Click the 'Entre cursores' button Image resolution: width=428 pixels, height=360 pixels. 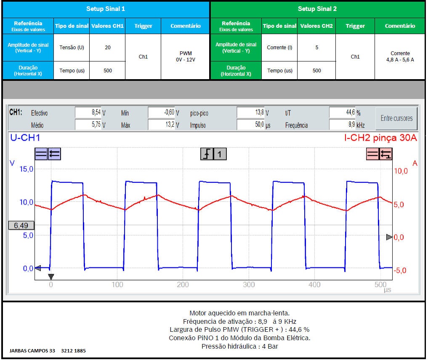coord(396,118)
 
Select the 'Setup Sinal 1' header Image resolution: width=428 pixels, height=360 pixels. coord(106,9)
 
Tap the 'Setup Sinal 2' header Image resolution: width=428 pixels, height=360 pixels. coord(317,9)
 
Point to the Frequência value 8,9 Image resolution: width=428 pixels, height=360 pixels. coord(342,125)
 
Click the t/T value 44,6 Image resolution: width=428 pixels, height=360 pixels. coord(342,113)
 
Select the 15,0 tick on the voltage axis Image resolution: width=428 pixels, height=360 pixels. coord(27,169)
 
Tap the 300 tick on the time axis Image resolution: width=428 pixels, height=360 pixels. coord(249,285)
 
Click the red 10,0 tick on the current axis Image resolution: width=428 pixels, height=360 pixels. coord(401,171)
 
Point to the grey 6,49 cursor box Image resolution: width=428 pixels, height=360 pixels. coord(21,226)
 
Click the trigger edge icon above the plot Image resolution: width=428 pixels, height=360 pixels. coord(206,155)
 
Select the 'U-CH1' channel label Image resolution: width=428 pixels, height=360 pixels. coord(25,138)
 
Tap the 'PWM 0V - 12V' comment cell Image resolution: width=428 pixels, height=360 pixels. coord(185,57)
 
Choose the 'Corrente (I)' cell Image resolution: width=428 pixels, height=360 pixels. coord(279,48)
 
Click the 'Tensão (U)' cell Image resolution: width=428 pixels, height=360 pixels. coord(72,48)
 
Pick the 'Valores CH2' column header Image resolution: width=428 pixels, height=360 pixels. coord(316,26)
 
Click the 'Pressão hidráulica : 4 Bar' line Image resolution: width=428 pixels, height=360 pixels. coord(240,347)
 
